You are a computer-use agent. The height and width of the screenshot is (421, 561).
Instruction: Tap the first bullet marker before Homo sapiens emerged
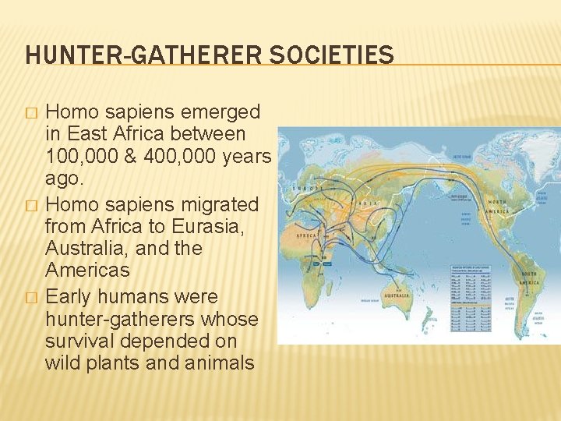[x=31, y=112]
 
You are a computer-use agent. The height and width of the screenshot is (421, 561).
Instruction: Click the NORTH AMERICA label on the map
[x=496, y=207]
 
